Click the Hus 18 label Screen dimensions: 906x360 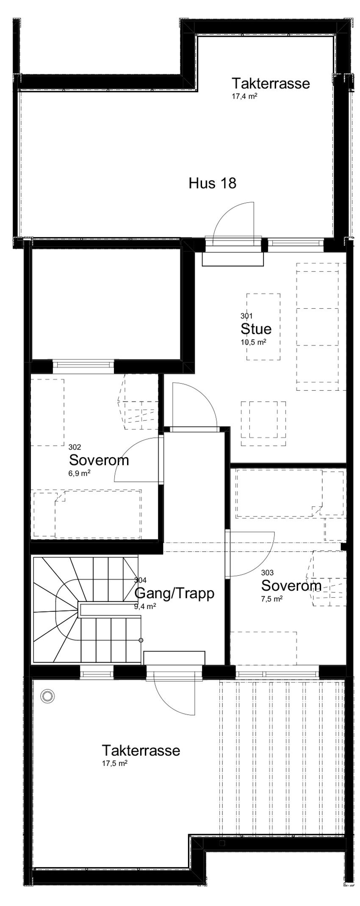tap(212, 183)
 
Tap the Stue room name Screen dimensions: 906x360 tap(256, 329)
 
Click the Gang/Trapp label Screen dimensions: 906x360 tap(174, 593)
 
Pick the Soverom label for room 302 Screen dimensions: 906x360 tap(99, 460)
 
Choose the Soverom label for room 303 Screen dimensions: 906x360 tap(291, 586)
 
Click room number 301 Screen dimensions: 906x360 tap(246, 316)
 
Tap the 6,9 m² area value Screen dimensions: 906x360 tap(80, 473)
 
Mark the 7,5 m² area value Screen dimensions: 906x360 tap(272, 599)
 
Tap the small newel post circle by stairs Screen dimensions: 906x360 tap(141, 640)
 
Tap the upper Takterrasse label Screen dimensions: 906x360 tap(271, 83)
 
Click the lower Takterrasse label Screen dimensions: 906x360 tap(141, 751)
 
